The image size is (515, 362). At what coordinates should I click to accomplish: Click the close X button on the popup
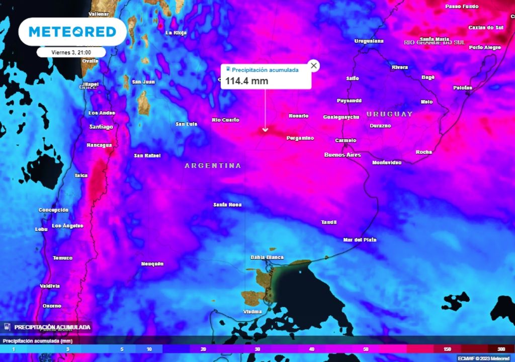314,66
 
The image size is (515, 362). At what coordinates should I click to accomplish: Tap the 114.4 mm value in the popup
246,81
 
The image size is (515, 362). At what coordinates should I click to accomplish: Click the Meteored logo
72,32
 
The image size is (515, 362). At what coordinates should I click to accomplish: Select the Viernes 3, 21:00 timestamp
71,52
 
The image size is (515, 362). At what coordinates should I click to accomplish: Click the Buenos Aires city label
342,155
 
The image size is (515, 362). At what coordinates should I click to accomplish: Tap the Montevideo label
387,162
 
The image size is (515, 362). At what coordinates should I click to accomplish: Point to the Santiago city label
101,127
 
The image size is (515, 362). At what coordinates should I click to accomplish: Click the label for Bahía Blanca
267,257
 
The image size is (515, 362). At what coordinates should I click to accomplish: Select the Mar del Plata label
360,240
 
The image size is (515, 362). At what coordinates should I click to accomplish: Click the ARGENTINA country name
213,165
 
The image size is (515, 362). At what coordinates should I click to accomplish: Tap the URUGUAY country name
389,114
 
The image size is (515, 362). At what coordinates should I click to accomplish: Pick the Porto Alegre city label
485,47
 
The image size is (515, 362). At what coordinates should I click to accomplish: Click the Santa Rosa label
227,205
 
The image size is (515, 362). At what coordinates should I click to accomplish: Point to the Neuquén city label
152,263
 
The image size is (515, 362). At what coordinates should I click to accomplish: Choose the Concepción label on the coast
53,210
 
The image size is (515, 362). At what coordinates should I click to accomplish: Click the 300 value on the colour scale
501,349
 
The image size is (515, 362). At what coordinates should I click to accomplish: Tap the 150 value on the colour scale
447,349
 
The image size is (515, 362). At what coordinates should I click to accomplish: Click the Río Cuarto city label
225,120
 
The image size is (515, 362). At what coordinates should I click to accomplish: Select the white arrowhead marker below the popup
265,130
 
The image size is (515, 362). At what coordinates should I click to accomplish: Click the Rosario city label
298,116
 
